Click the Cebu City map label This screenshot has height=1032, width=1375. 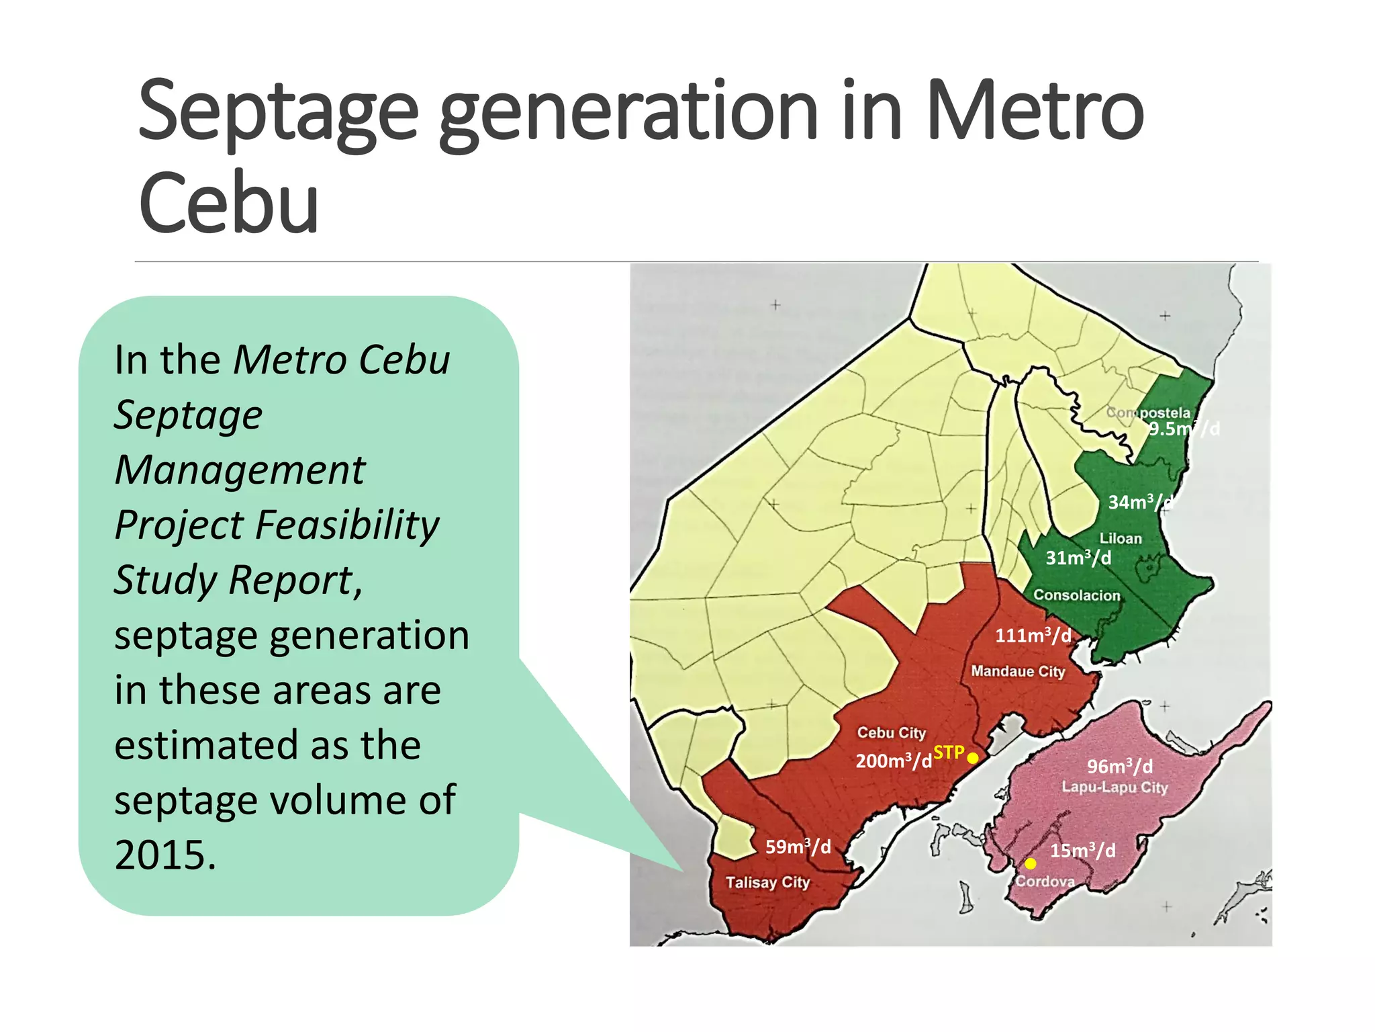pyautogui.click(x=891, y=732)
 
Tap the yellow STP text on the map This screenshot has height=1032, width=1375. pyautogui.click(x=949, y=752)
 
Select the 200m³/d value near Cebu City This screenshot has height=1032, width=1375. pyautogui.click(x=894, y=761)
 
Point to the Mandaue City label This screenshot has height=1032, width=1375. pyautogui.click(x=1018, y=671)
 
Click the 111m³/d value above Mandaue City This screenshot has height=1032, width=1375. pyautogui.click(x=1033, y=636)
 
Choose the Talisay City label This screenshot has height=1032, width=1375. pyautogui.click(x=767, y=882)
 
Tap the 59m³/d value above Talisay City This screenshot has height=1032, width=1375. pyautogui.click(x=798, y=847)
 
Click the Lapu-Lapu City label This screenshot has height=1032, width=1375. pyautogui.click(x=1115, y=787)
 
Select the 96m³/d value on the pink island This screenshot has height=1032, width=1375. pyautogui.click(x=1120, y=767)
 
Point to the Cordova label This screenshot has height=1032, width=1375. pyautogui.click(x=1045, y=881)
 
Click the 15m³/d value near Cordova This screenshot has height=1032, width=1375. pyautogui.click(x=1083, y=851)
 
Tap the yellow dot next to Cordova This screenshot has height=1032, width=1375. pyautogui.click(x=1030, y=863)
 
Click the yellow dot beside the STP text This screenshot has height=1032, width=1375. pyautogui.click(x=972, y=758)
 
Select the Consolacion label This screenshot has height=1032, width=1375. pyautogui.click(x=1077, y=595)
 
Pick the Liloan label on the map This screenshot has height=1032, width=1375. pyautogui.click(x=1120, y=538)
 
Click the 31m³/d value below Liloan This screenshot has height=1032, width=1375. pyautogui.click(x=1078, y=558)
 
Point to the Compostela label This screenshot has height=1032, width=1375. pyautogui.click(x=1148, y=413)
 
